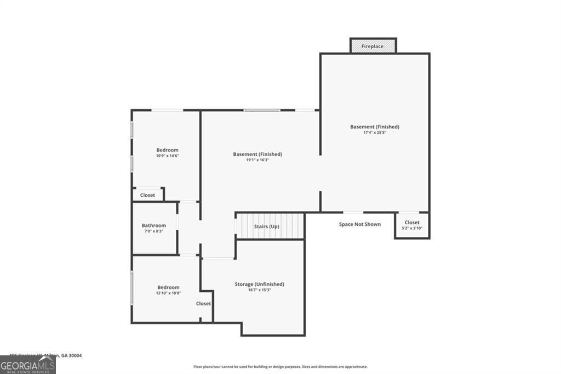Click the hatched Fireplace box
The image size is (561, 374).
coord(373,47)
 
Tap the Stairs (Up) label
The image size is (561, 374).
coord(267,226)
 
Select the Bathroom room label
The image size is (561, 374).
coord(153,225)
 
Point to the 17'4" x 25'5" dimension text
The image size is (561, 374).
coord(375,133)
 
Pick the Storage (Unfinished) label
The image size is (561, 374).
coord(260,284)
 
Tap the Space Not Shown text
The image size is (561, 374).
coord(359,224)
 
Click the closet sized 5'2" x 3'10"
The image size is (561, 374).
coord(412,225)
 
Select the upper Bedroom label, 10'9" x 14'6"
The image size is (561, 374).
coord(167,150)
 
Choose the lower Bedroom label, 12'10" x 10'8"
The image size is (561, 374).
coord(168,287)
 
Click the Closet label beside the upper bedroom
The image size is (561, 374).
coord(147,195)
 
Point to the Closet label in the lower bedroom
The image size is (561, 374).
coord(204,303)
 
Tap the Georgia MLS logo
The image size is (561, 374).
coord(27,365)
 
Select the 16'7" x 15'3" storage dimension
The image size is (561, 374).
coord(260,290)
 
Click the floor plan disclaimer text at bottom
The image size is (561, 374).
coord(280,367)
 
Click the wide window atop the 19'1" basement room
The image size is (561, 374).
coord(262,110)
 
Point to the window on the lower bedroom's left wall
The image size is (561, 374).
coord(131,287)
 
